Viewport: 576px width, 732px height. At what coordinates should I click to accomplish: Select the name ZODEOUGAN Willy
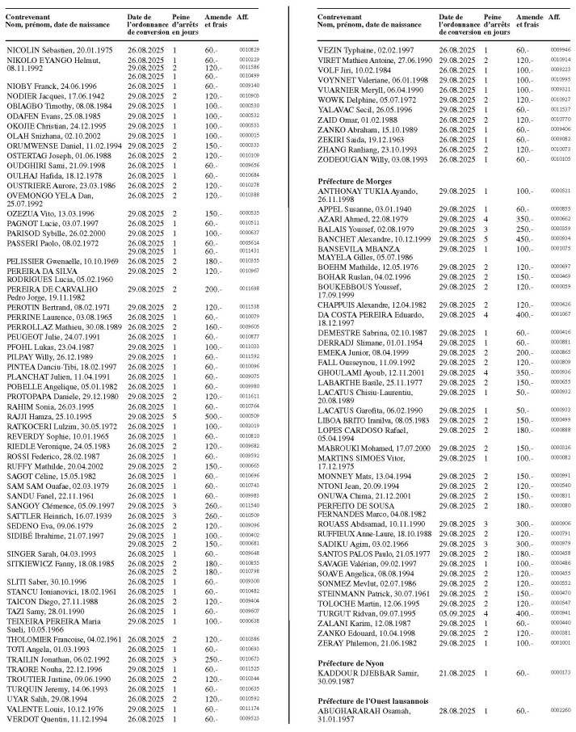coord(353,159)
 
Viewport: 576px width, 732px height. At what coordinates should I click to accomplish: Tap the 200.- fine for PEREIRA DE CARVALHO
coord(212,288)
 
